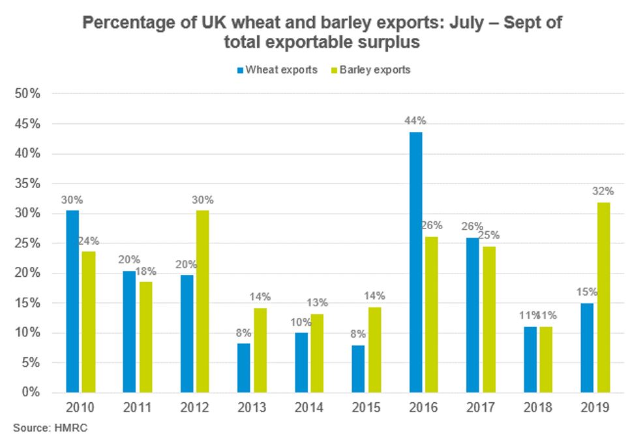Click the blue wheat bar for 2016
click(415, 262)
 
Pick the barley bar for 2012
click(202, 301)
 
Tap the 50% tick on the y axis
click(28, 93)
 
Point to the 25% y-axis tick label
click(28, 244)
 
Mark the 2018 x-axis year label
click(537, 409)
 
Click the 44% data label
click(415, 120)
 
